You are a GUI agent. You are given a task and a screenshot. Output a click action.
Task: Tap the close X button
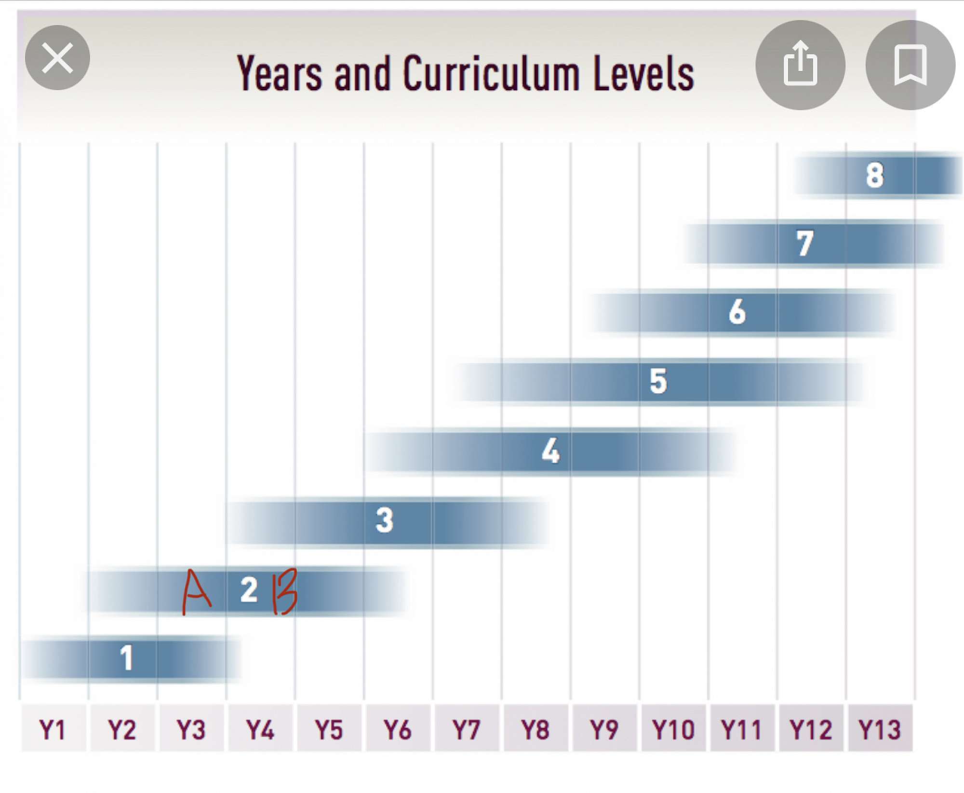click(x=57, y=58)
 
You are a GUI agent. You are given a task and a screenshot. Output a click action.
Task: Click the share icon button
click(x=800, y=65)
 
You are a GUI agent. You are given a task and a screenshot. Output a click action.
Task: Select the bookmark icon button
click(x=910, y=65)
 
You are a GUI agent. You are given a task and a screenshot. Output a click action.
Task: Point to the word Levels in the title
click(x=644, y=73)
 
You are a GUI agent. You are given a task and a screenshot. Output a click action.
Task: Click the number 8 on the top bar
click(x=875, y=175)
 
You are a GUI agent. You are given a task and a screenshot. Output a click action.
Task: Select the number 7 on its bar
click(x=804, y=244)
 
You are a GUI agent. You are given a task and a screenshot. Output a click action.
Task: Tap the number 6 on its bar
click(x=737, y=312)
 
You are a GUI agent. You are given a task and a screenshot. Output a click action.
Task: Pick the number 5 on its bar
click(x=658, y=381)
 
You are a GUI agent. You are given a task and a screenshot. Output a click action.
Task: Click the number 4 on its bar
click(x=550, y=451)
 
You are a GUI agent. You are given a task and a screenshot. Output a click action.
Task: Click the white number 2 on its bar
click(x=249, y=590)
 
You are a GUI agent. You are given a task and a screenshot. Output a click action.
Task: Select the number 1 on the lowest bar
click(x=126, y=658)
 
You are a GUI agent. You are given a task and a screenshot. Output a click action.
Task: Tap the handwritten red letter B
click(x=284, y=591)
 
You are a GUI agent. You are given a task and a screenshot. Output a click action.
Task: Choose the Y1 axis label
click(x=53, y=729)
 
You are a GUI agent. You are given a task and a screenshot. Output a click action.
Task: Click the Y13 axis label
click(x=880, y=729)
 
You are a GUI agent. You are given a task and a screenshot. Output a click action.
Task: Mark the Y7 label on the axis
click(x=467, y=729)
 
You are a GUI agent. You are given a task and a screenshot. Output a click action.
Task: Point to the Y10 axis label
click(x=673, y=729)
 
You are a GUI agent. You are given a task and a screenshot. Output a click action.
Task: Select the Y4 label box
click(x=260, y=729)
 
